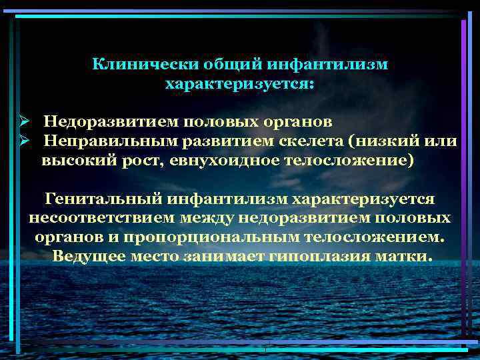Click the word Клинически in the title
point(133,65)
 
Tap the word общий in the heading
point(220,65)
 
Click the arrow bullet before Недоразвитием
point(22,123)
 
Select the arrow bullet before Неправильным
point(22,142)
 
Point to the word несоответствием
point(93,218)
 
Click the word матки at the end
point(404,257)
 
